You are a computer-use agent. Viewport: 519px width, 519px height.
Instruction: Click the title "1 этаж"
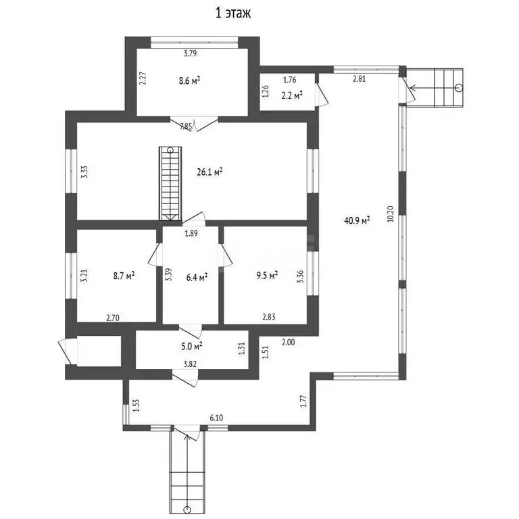pyautogui.click(x=233, y=13)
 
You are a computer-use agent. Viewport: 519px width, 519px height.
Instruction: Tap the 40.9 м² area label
pyautogui.click(x=357, y=220)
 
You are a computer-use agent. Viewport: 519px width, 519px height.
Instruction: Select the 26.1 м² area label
pyautogui.click(x=209, y=172)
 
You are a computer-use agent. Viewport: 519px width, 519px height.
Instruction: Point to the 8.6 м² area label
pyautogui.click(x=189, y=80)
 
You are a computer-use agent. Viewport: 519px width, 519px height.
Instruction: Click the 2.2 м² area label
pyautogui.click(x=292, y=95)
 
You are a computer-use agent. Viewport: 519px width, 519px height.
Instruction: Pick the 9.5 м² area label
pyautogui.click(x=267, y=275)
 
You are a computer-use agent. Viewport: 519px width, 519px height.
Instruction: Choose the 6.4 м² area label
pyautogui.click(x=197, y=277)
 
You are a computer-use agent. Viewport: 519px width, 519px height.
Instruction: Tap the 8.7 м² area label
pyautogui.click(x=124, y=276)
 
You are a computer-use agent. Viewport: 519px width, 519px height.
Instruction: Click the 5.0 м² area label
pyautogui.click(x=192, y=347)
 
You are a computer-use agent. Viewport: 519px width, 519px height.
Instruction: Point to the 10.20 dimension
pyautogui.click(x=391, y=214)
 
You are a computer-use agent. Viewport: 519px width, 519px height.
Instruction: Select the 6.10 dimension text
pyautogui.click(x=216, y=418)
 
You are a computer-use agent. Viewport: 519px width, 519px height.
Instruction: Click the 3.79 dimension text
pyautogui.click(x=191, y=53)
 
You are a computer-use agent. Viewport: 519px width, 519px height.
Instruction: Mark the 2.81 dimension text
pyautogui.click(x=359, y=79)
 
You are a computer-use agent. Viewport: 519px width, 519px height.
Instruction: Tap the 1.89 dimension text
pyautogui.click(x=191, y=233)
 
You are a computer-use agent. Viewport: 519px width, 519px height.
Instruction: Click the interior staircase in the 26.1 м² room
pyautogui.click(x=170, y=184)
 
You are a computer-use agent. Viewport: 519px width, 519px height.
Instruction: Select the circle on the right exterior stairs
pyautogui.click(x=459, y=88)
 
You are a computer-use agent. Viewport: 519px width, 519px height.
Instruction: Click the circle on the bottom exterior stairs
pyautogui.click(x=187, y=509)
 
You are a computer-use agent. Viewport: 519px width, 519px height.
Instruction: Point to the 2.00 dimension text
pyautogui.click(x=289, y=342)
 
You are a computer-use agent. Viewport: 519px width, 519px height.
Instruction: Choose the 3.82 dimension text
pyautogui.click(x=190, y=364)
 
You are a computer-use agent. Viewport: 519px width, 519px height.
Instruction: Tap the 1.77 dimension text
pyautogui.click(x=303, y=401)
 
